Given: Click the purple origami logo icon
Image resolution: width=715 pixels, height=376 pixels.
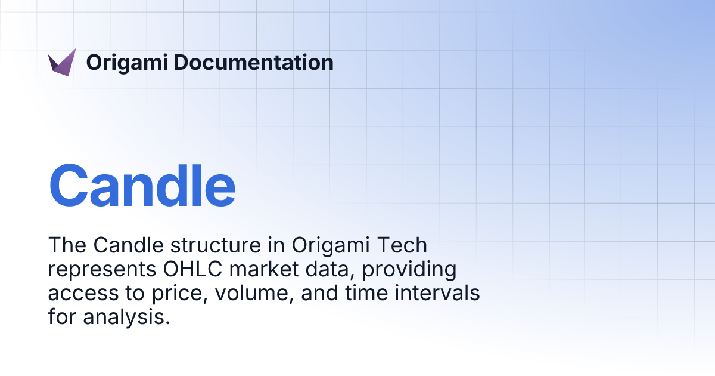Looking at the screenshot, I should [x=62, y=63].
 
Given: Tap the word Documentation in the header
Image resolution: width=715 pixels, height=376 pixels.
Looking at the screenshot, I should [x=254, y=63].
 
